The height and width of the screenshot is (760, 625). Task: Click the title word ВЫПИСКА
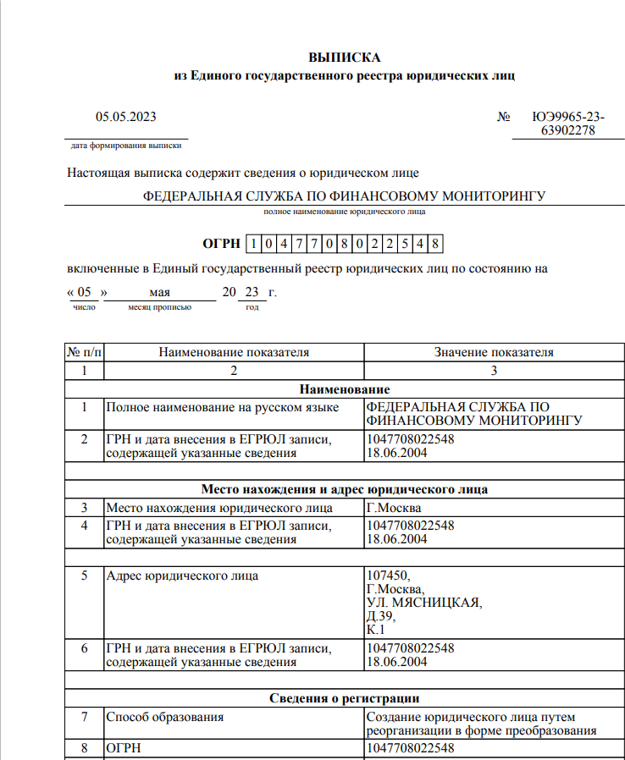tap(345, 58)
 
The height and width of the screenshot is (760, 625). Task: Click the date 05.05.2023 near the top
tap(125, 117)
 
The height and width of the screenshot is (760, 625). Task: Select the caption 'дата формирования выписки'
tap(126, 146)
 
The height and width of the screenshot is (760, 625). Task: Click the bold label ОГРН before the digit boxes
tap(221, 245)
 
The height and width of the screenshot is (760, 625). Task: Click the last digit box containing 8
tap(434, 245)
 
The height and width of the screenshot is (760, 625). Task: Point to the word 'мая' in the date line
tap(159, 292)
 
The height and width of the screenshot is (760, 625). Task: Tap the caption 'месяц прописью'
tap(159, 307)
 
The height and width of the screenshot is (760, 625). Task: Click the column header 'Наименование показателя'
tap(234, 352)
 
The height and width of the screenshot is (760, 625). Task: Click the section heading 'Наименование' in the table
tap(345, 389)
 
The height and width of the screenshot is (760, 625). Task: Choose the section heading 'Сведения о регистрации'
tap(345, 698)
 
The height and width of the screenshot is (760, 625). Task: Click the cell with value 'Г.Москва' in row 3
tap(394, 509)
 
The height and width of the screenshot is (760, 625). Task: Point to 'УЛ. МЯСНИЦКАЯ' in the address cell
tap(423, 603)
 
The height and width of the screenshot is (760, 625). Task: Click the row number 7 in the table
tap(85, 717)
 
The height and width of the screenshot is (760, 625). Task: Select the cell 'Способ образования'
tap(164, 717)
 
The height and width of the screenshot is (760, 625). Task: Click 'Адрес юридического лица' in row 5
tap(182, 576)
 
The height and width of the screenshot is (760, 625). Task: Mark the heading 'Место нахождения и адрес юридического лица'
tap(345, 489)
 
